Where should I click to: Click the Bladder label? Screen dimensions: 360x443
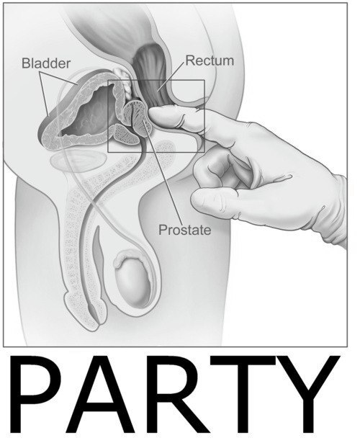point(46,63)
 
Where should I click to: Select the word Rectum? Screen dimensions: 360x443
point(210,61)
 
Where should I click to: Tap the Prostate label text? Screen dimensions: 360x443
point(184,230)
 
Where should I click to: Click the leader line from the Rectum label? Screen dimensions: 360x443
point(171,76)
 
